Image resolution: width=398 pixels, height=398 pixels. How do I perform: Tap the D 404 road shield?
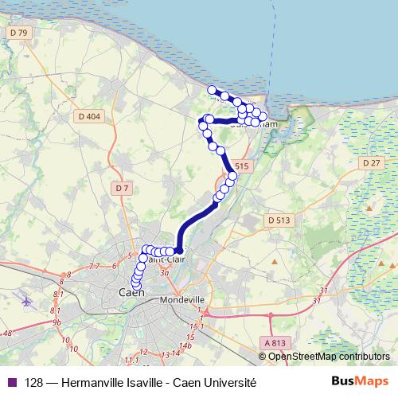tap(90, 117)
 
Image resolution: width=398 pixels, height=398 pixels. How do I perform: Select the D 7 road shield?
tap(121, 189)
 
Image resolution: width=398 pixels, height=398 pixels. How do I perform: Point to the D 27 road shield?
tap(372, 162)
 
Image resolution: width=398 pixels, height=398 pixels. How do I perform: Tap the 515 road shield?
tap(243, 165)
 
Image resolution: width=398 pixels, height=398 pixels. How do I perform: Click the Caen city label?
tap(130, 294)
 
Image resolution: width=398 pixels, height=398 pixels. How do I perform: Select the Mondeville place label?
tap(183, 299)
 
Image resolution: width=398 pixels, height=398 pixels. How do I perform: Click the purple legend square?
tap(10, 382)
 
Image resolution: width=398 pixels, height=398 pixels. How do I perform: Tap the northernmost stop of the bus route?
tap(212, 90)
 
